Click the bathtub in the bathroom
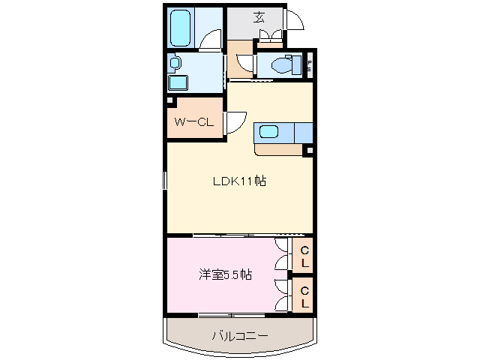pyautogui.click(x=181, y=28)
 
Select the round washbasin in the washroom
pyautogui.click(x=175, y=63)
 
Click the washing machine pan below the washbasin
pyautogui.click(x=178, y=82)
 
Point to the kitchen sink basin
pyautogui.click(x=268, y=133)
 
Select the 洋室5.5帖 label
pyautogui.click(x=224, y=274)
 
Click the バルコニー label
pyautogui.click(x=238, y=335)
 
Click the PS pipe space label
pyautogui.click(x=308, y=65)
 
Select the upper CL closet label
pyautogui.click(x=304, y=257)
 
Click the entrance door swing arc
pyautogui.click(x=295, y=21)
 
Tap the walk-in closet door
pyautogui.click(x=235, y=121)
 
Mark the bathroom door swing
pyautogui.click(x=214, y=41)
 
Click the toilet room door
pyautogui.click(x=252, y=66)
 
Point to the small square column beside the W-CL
pyautogui.click(x=170, y=100)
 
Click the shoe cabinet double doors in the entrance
pyautogui.click(x=271, y=34)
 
